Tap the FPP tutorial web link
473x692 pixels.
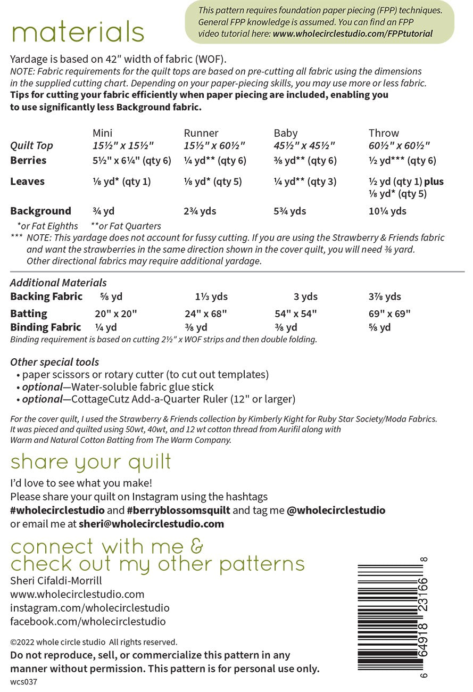pyautogui.click(x=352, y=34)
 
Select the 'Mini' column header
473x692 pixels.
pyautogui.click(x=102, y=133)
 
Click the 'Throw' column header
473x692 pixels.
pyautogui.click(x=384, y=133)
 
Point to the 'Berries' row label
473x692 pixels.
pyautogui.click(x=28, y=160)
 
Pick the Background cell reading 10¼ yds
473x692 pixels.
pyautogui.click(x=387, y=211)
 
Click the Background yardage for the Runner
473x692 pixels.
pyautogui.click(x=200, y=211)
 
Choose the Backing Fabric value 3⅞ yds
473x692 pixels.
pyautogui.click(x=385, y=296)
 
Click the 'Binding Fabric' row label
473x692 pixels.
pyautogui.click(x=46, y=327)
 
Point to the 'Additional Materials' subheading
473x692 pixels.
pyautogui.click(x=59, y=283)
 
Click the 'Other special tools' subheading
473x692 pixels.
pyautogui.click(x=54, y=362)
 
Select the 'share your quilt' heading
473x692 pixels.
pyautogui.click(x=91, y=462)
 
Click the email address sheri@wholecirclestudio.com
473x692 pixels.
pyautogui.click(x=151, y=523)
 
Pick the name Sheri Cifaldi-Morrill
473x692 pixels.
pyautogui.click(x=56, y=580)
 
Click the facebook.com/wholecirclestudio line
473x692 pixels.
pyautogui.click(x=88, y=621)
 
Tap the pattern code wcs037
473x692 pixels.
pyautogui.click(x=23, y=681)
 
